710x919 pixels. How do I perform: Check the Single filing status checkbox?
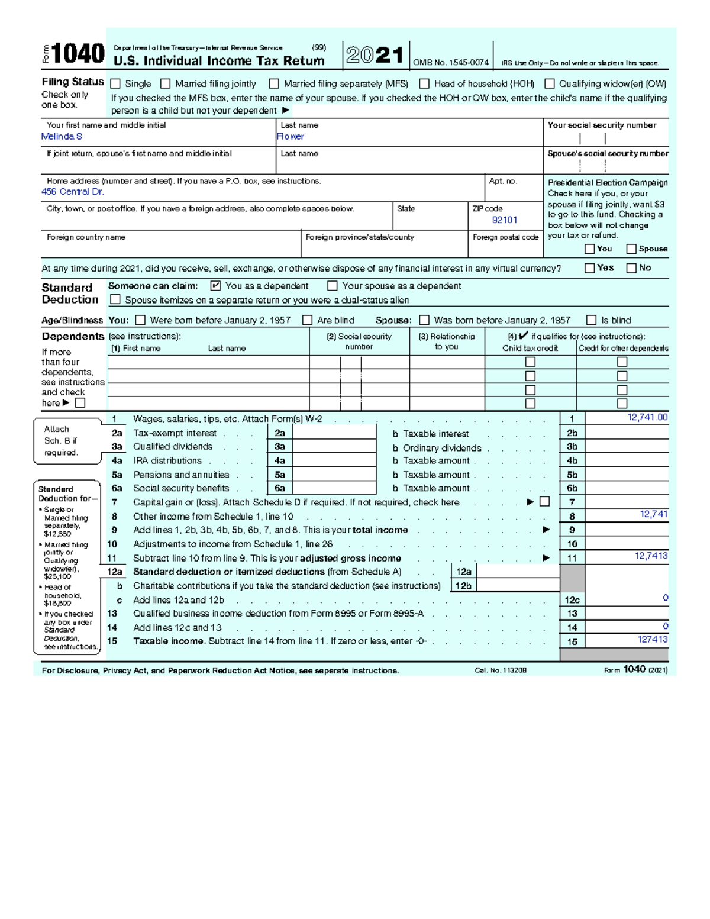coord(115,84)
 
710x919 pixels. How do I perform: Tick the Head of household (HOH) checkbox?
coord(424,84)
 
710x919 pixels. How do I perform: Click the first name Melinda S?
coord(62,137)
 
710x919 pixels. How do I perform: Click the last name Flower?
coord(291,137)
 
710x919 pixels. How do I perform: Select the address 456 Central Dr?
coord(73,192)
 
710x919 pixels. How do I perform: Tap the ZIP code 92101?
coord(505,220)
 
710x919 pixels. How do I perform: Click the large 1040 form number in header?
coord(78,54)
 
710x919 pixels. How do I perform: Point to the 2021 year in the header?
coord(375,56)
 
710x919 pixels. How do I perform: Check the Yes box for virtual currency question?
coord(589,268)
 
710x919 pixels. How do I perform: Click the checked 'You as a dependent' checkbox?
coord(215,286)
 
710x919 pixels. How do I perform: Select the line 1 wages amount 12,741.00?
coord(647,418)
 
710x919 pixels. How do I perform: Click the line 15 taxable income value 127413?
coord(653,640)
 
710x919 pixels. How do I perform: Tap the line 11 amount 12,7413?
coord(651,556)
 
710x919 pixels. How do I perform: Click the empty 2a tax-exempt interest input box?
coord(334,433)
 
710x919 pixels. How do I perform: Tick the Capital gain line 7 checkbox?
coord(545,502)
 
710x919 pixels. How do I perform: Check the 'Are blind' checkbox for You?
coord(307,320)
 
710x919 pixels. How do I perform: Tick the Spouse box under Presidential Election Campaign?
coord(631,249)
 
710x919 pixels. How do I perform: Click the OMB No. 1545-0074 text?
coord(451,63)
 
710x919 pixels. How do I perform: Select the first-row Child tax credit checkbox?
coord(531,362)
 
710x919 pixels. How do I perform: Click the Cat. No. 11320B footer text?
coord(501,670)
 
